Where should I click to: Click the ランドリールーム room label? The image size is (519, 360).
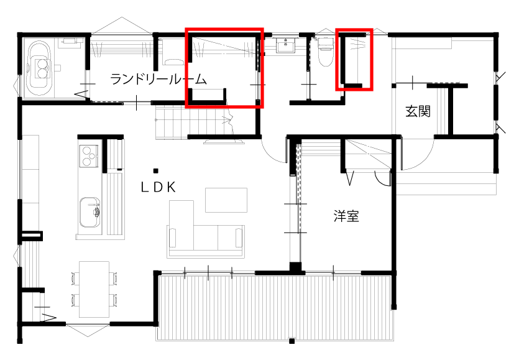tap(158, 79)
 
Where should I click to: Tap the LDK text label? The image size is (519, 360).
tap(158, 187)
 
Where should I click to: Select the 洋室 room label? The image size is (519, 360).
tap(347, 216)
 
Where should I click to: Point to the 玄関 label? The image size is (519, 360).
tap(418, 112)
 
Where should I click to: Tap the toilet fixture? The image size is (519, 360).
tap(325, 53)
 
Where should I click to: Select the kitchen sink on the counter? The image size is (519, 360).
tap(90, 211)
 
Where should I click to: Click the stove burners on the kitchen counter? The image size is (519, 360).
tap(89, 155)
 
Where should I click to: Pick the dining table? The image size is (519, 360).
tap(93, 289)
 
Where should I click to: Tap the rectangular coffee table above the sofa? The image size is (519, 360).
tap(226, 200)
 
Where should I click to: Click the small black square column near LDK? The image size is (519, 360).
tap(155, 170)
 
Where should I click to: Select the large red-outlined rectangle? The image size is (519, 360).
tap(225, 67)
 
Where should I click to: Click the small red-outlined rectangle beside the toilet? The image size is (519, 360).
tap(354, 59)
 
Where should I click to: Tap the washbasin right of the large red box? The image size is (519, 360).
tap(287, 47)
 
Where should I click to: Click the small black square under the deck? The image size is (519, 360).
tap(292, 341)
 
